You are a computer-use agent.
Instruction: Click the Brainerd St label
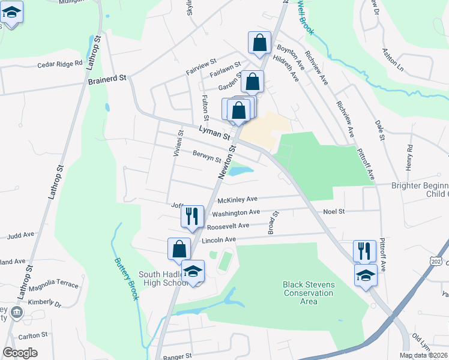coord(108,79)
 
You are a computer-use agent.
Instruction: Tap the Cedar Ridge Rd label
coord(59,64)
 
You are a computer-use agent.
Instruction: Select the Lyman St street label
coord(214,133)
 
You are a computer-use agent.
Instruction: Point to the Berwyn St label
coord(207,157)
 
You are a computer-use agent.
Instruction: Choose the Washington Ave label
coord(236,212)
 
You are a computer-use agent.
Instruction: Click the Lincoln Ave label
coord(219,240)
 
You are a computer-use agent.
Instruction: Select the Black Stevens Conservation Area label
coord(308,293)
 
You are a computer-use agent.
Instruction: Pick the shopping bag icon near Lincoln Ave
coord(179,248)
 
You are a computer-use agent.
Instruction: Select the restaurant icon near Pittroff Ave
coord(364,251)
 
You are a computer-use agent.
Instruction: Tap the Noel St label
coord(334,211)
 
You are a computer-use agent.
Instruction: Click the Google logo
coord(20,353)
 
